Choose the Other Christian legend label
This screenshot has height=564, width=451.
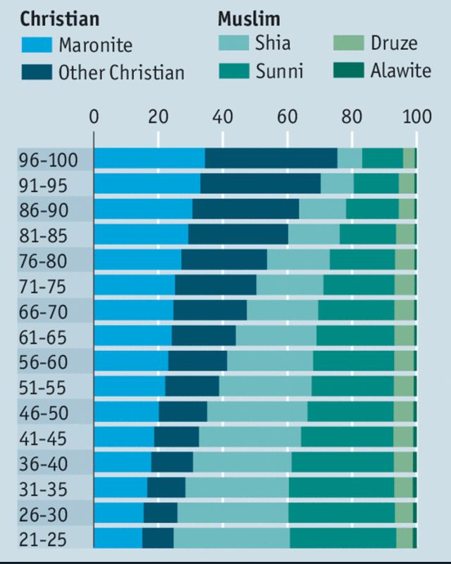tap(121, 71)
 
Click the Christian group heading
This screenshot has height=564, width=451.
tap(60, 18)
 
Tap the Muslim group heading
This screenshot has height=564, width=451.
tap(249, 18)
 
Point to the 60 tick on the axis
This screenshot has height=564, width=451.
tap(288, 118)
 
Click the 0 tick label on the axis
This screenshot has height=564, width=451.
tap(94, 118)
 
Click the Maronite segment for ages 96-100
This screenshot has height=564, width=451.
tap(149, 159)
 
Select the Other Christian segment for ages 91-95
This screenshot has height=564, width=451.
tap(260, 184)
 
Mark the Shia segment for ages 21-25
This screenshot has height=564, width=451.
tap(231, 538)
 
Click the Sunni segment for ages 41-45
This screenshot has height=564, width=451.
tap(347, 437)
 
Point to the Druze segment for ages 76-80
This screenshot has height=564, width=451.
tap(404, 260)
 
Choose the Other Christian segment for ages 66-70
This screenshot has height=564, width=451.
tap(210, 311)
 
